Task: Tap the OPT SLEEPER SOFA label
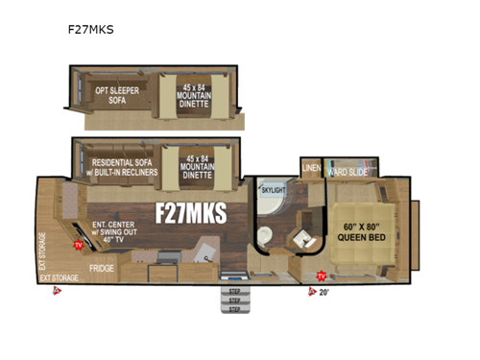tap(115, 94)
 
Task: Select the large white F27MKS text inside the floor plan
tap(191, 213)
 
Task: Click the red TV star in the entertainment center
tap(78, 245)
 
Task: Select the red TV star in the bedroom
tap(321, 276)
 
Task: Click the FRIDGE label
tap(102, 269)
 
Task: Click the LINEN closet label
tap(311, 169)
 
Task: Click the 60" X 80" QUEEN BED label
tap(368, 233)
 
